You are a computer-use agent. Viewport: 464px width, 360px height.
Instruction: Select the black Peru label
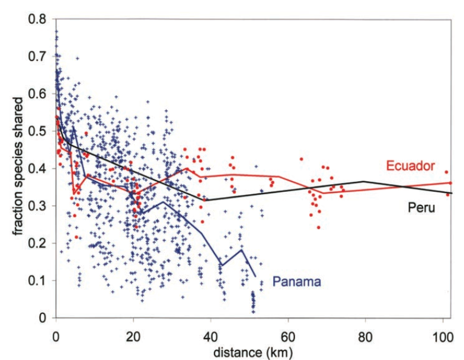[419, 207]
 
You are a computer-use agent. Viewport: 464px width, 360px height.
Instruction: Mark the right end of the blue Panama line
[255, 277]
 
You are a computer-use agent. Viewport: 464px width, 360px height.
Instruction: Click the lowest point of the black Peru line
[206, 200]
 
